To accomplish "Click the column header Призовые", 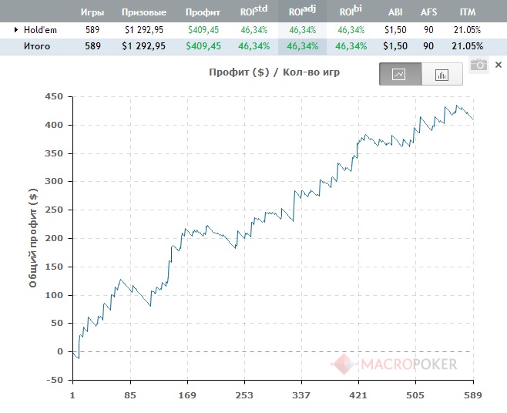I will point(144,12).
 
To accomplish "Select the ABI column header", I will point(395,12).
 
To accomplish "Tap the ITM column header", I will point(467,12).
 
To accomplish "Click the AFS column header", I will point(428,12).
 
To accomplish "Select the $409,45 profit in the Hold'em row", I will point(203,29).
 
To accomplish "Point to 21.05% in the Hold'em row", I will point(467,29).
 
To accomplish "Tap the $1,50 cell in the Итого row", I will point(395,46).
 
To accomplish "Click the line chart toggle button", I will point(400,75).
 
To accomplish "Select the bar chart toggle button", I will point(442,75).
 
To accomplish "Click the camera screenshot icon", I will point(479,65).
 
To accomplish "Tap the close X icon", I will point(499,65).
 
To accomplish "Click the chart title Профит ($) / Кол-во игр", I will point(274,73).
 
